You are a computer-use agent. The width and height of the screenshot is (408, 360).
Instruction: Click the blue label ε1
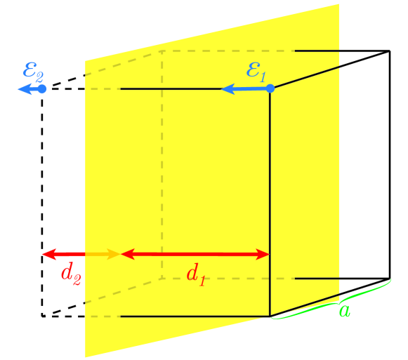point(256,72)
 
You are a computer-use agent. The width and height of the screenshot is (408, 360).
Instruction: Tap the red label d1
point(197,274)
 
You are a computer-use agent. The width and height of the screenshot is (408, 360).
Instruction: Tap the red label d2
point(71,274)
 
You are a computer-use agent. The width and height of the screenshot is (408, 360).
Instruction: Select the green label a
point(344,310)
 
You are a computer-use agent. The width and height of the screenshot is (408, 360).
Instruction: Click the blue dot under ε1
point(270,88)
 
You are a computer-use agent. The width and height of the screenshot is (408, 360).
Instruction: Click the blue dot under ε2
point(42,89)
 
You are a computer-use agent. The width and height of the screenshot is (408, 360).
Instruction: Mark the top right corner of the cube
point(390,51)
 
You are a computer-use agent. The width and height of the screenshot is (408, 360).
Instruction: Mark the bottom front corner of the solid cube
point(270,316)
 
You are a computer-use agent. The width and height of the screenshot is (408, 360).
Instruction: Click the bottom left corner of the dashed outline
point(42,316)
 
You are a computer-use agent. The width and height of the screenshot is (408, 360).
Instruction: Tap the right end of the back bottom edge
point(390,279)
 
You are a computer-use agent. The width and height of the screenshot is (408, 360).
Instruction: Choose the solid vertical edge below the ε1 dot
point(270,204)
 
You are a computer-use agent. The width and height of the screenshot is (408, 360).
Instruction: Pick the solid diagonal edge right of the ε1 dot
point(330,69)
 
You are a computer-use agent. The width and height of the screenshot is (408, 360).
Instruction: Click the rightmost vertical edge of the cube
point(390,165)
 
